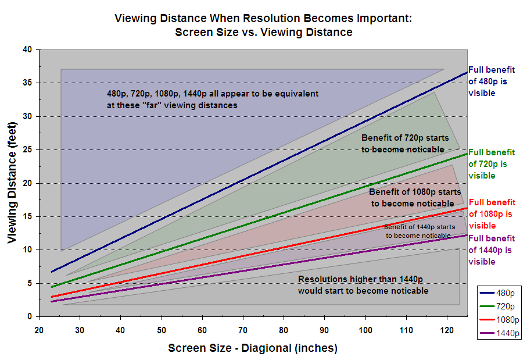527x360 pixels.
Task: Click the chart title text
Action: coord(263,25)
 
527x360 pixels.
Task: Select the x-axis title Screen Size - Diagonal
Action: coord(253,348)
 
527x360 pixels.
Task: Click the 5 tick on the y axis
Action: coord(28,283)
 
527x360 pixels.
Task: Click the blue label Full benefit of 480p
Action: coord(491,82)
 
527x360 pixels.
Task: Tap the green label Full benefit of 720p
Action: coord(492,164)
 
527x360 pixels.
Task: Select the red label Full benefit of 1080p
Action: coord(492,214)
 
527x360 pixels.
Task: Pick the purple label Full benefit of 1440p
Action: coord(492,250)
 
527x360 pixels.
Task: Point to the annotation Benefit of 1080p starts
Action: coord(415,198)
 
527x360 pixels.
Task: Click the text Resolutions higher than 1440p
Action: coord(363,284)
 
